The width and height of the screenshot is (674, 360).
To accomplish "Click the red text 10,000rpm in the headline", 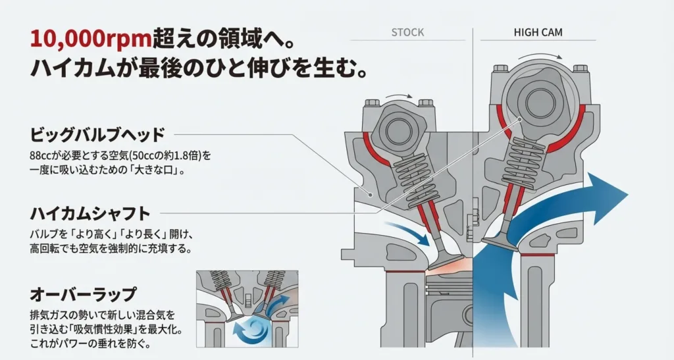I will tap(81, 39).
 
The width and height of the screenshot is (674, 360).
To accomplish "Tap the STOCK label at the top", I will tap(407, 32).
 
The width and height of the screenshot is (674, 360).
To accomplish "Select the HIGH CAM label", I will tap(538, 32).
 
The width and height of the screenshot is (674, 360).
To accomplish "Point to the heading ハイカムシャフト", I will tap(90, 213).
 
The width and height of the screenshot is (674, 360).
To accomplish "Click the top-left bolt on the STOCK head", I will tap(372, 103).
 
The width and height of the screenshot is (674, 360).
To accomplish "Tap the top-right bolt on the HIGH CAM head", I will tap(580, 68).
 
